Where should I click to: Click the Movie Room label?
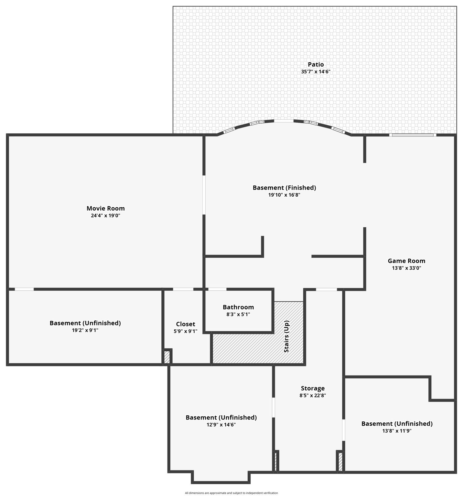(105, 208)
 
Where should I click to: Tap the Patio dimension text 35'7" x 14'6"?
(316, 72)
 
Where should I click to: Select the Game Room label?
(406, 261)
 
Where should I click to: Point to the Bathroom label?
(238, 307)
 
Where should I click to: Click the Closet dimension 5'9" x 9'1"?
(185, 331)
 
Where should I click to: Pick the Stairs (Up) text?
(286, 336)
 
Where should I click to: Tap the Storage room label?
(313, 388)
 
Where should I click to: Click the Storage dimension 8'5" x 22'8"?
(313, 395)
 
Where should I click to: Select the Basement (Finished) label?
(284, 188)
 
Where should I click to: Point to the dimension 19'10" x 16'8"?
(284, 195)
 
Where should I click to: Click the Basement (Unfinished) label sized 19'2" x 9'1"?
(85, 323)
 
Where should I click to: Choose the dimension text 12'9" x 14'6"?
(221, 425)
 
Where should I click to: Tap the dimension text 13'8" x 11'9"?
(397, 431)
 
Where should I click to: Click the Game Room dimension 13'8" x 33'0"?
(406, 268)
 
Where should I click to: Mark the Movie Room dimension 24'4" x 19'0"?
(105, 215)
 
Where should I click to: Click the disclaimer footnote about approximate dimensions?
(231, 493)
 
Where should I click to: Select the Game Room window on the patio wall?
(412, 135)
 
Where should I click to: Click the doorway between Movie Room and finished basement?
(204, 195)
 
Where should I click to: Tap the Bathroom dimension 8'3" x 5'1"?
(238, 314)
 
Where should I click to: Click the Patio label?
(316, 64)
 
